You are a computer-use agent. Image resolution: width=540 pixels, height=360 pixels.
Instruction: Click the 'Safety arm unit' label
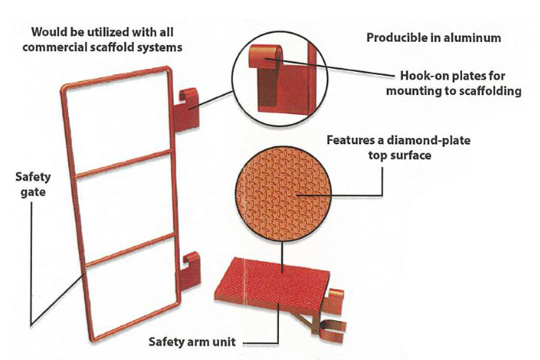192,342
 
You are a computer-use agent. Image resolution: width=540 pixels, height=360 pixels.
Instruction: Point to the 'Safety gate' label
33,184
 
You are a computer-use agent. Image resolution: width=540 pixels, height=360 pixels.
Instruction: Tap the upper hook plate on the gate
186,110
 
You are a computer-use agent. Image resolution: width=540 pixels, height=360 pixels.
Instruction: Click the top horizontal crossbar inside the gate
122,164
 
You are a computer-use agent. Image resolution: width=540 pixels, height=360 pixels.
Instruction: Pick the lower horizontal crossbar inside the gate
131,250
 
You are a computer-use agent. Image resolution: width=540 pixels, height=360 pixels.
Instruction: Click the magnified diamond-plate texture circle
283,194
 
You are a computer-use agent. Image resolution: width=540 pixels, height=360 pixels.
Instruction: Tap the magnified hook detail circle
280,79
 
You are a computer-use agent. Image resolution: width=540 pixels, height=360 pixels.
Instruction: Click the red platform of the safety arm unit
272,283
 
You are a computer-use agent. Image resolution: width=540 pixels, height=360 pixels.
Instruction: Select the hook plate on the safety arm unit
333,301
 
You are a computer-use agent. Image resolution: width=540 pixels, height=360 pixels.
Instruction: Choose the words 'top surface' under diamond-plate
400,155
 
